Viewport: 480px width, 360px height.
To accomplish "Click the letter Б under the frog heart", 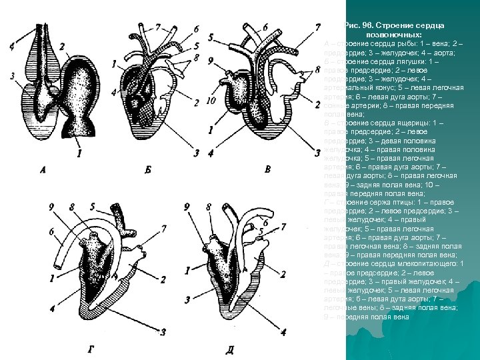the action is pyautogui.click(x=147, y=171).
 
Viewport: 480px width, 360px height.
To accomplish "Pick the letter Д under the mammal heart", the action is pyautogui.click(x=229, y=349).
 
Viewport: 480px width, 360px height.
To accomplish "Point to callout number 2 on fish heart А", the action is pyautogui.click(x=61, y=47).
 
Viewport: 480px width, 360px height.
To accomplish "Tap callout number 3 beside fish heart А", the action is pyautogui.click(x=13, y=77).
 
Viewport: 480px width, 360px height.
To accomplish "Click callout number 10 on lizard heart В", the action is pyautogui.click(x=211, y=101).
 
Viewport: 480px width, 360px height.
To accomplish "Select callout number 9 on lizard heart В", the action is pyautogui.click(x=211, y=61).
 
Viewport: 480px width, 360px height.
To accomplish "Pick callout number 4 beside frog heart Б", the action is pyautogui.click(x=114, y=91).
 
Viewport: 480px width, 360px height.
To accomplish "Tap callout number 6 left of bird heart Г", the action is pyautogui.click(x=51, y=231).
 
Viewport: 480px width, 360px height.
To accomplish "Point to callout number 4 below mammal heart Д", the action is pyautogui.click(x=283, y=331).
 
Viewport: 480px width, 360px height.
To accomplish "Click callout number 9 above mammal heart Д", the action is pyautogui.click(x=188, y=207).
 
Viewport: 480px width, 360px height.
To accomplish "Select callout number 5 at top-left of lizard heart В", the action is pyautogui.click(x=210, y=38).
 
